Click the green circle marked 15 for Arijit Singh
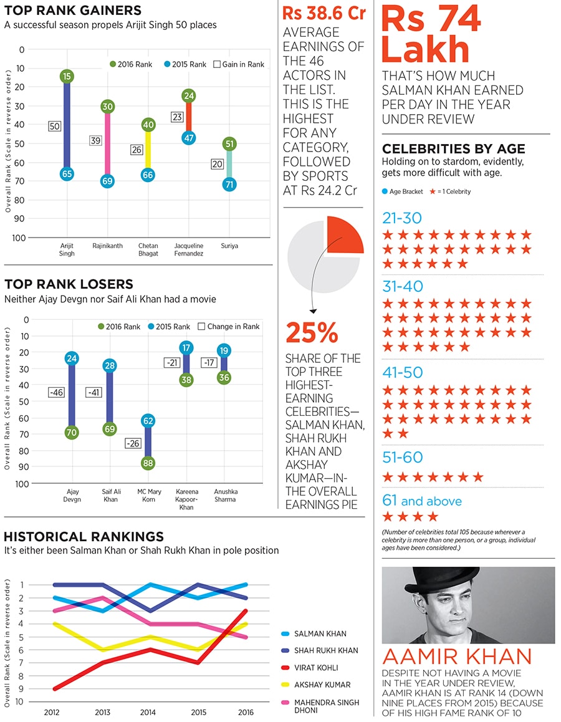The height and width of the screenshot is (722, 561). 67,76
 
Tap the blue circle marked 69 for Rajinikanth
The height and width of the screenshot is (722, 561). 107,181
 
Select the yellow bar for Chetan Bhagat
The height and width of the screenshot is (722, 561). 148,150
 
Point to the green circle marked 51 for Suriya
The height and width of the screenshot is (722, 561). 229,144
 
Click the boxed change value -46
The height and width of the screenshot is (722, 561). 57,392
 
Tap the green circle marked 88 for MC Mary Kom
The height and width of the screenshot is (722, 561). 148,463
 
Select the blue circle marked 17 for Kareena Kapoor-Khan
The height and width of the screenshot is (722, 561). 186,347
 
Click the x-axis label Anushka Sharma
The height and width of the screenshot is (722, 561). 225,495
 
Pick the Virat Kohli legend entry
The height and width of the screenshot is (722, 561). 314,667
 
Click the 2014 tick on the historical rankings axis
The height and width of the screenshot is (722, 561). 147,711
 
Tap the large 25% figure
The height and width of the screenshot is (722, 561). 312,333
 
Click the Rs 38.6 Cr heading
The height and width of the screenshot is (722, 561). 324,14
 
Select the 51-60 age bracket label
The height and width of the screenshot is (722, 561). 402,458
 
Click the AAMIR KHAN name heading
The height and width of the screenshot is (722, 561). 457,657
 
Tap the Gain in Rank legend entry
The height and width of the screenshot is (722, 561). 239,64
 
